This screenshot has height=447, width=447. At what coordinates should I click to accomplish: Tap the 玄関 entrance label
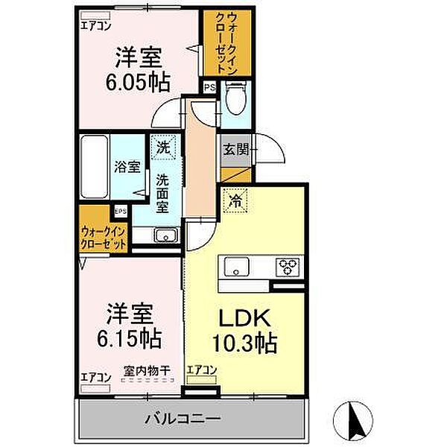click(234, 147)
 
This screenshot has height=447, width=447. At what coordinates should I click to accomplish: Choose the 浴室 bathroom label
click(127, 166)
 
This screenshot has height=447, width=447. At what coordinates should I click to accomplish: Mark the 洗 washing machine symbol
click(162, 147)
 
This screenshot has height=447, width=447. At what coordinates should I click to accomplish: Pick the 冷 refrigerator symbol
click(235, 200)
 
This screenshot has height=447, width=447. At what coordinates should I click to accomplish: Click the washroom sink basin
click(165, 236)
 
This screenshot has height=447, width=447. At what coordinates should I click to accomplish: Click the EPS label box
click(121, 211)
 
